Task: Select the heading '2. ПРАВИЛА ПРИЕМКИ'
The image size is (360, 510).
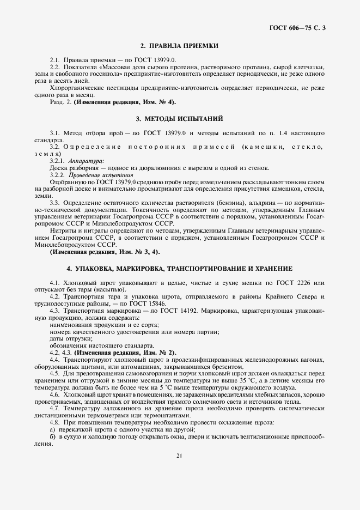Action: point(180,47)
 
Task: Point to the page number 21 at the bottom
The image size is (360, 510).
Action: point(179,456)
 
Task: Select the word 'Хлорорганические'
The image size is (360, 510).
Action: point(77,87)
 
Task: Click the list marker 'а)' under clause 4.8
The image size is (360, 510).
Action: point(53,430)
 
